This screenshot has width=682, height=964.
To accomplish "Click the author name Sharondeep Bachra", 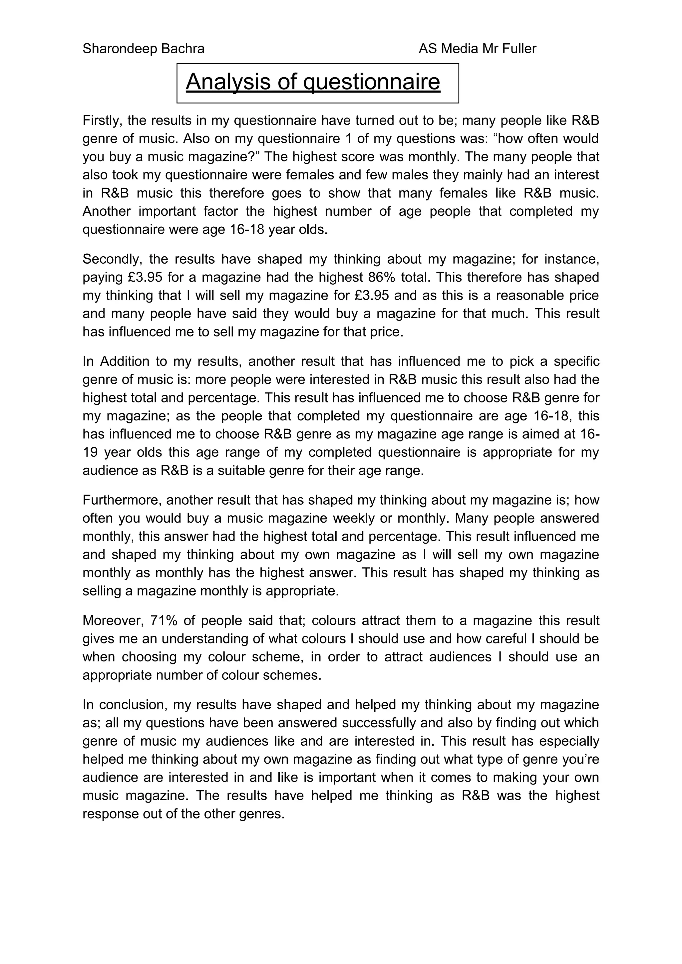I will pos(143,49).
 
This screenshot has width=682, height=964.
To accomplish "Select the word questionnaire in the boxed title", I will pos(372,82).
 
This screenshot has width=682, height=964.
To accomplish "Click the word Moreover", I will pos(113,620).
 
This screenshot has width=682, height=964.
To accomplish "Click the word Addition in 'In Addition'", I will pos(125,361).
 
